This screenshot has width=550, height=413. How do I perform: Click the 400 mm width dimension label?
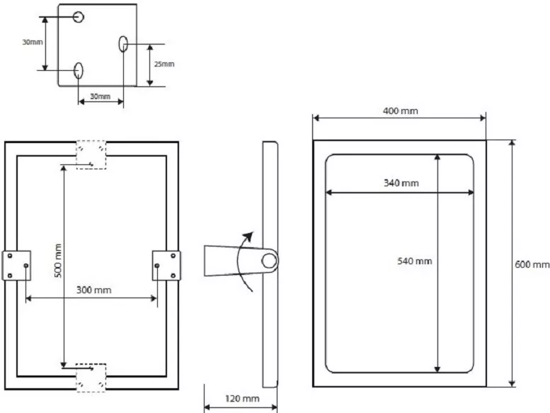(400, 111)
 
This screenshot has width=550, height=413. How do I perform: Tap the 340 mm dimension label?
(401, 183)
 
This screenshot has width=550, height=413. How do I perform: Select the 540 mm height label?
(414, 261)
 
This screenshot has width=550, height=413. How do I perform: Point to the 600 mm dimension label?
(532, 264)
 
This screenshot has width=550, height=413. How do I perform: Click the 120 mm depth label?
(242, 399)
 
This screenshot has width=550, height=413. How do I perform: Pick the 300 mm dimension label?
(93, 290)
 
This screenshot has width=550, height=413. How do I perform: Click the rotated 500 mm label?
(58, 261)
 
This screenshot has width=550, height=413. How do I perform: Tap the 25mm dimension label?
(164, 64)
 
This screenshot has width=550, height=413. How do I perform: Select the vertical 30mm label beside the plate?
(33, 42)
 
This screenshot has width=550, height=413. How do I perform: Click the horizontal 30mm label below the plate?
(101, 96)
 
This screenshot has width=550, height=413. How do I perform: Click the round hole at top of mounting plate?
(79, 16)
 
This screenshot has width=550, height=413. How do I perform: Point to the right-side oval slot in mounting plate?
(123, 44)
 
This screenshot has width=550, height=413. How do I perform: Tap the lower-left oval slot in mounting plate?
(79, 71)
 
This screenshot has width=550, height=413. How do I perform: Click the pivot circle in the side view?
(270, 261)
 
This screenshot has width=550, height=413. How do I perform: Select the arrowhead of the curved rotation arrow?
(248, 237)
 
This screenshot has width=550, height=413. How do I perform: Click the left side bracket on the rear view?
(16, 266)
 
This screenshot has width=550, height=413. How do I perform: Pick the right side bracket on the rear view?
(166, 266)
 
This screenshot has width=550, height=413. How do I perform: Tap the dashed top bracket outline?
(91, 154)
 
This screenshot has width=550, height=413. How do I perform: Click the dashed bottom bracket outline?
(91, 378)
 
